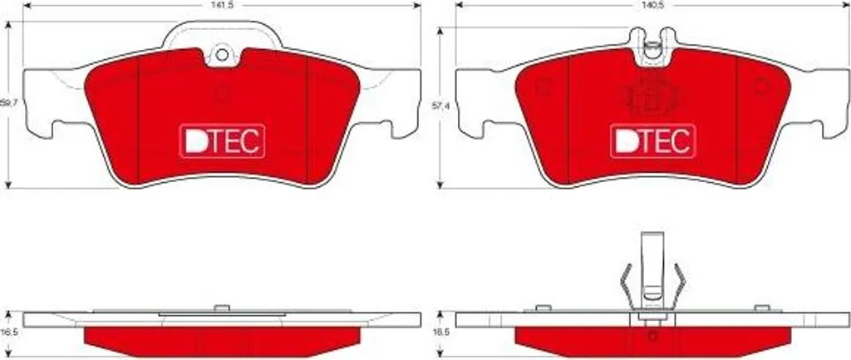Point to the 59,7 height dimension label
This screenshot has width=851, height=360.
click(7, 101)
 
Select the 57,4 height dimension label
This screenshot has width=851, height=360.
click(439, 107)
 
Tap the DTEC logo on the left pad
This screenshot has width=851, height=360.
click(221, 141)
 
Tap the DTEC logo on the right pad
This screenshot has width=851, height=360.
click(653, 141)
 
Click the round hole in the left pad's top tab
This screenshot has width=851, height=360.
click(222, 54)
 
